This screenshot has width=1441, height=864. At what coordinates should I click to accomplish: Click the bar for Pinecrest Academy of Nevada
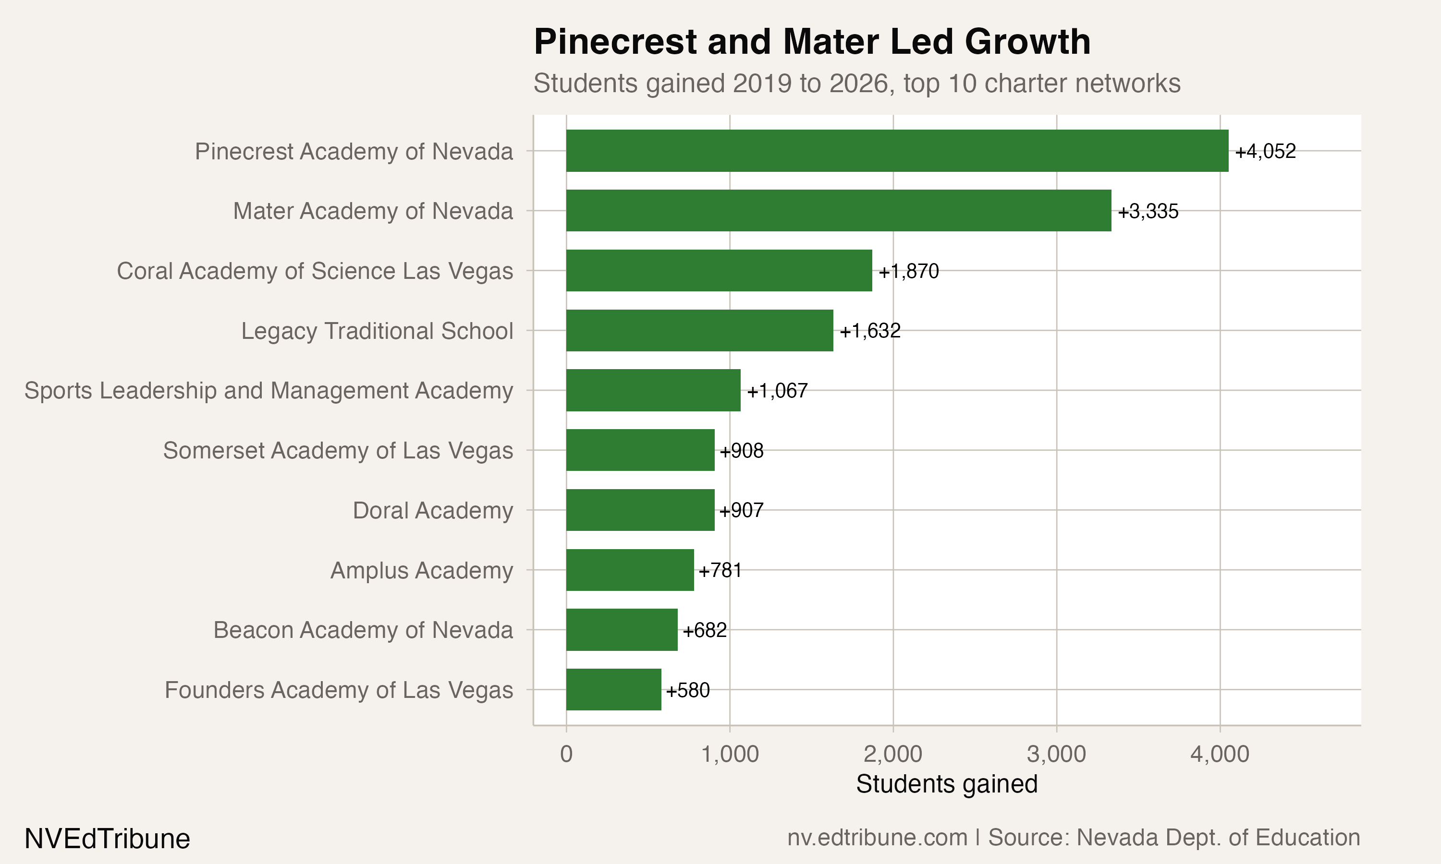click(x=897, y=151)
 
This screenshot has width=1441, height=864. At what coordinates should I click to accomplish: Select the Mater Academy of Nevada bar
click(x=839, y=211)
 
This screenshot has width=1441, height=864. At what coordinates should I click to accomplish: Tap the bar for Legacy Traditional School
click(x=699, y=331)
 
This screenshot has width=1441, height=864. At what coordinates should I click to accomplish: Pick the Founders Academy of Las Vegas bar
click(x=613, y=690)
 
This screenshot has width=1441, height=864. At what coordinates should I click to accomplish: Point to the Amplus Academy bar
click(x=630, y=570)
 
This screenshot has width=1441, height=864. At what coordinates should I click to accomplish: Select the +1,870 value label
click(x=908, y=271)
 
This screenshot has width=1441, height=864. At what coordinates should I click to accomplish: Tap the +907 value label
click(x=741, y=511)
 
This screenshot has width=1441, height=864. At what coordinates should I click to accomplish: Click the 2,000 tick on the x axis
click(x=893, y=755)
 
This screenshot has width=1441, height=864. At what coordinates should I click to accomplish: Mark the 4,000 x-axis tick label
click(x=1220, y=755)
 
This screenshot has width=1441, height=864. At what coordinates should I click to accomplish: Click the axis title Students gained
click(x=946, y=784)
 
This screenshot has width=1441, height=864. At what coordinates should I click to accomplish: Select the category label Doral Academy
click(x=433, y=511)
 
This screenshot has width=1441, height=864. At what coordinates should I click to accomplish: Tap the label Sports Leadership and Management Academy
click(x=269, y=391)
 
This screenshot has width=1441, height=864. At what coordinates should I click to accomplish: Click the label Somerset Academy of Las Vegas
click(x=338, y=451)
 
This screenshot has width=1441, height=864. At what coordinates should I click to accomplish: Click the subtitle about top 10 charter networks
click(x=857, y=83)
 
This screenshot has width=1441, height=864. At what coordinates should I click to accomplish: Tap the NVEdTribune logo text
click(x=107, y=839)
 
